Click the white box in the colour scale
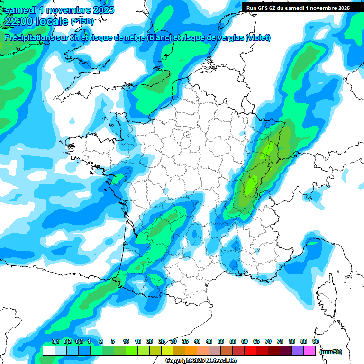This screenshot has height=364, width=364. point(48,351)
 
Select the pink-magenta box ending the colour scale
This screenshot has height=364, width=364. point(309,351)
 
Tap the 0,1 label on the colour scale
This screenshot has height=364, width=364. point(55,342)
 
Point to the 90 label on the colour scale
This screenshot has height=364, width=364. point(315,342)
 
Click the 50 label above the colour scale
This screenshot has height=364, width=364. point(221,342)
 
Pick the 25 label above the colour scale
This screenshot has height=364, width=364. point(162,342)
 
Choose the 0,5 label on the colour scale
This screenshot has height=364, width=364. point(79,342)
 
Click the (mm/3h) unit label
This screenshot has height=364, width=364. point(331,352)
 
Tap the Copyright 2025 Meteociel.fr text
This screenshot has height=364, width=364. point(201,361)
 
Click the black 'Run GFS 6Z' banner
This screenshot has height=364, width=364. point(298,8)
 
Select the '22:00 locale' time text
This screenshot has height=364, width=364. point(36,21)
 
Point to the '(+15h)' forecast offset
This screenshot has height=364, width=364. point(82,21)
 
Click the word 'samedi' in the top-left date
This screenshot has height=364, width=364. point(21,9)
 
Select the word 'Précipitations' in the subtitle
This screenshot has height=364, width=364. point(33,38)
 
